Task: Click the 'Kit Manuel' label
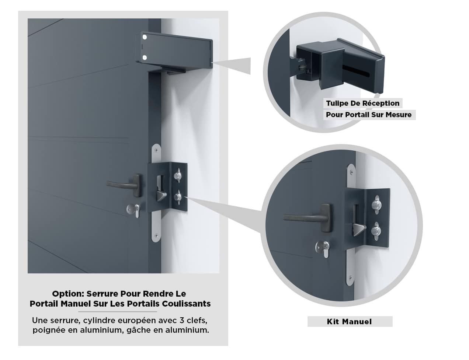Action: coord(349,322)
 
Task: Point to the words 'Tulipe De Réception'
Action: coord(362,103)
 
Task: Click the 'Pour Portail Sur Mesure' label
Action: coord(369,115)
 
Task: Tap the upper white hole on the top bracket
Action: coord(145,37)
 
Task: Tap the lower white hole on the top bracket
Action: coord(145,57)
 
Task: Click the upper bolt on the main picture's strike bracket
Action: coord(178,175)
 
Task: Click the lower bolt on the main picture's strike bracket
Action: coord(178,197)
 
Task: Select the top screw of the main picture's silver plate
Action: coord(157,150)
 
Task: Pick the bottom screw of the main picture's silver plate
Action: coord(156,235)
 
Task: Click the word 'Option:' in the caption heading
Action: coord(68,294)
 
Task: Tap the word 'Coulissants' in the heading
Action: coord(186,304)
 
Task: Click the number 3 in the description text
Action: coord(182,321)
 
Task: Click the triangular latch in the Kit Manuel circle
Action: coord(359,230)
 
